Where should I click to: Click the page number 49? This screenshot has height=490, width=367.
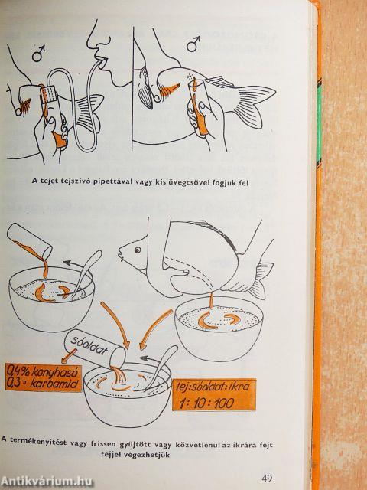[x=267, y=478]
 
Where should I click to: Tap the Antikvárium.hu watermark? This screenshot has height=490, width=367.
[x=47, y=482]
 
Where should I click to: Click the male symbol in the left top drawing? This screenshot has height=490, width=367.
[x=38, y=53]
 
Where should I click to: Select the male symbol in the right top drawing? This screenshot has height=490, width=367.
[x=193, y=44]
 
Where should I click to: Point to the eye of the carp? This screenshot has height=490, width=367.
[x=137, y=250]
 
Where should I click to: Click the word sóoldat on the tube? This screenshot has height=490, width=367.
[x=89, y=345]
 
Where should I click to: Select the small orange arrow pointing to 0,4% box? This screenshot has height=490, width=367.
[x=69, y=355]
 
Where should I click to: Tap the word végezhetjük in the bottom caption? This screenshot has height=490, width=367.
[x=135, y=454]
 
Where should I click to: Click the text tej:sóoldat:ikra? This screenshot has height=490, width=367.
[x=213, y=387]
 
